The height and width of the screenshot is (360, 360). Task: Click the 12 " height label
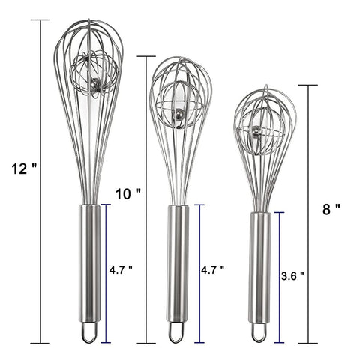[24, 169]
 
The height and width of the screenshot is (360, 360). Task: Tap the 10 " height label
[128, 193]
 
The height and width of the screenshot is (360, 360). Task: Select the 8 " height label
[331, 209]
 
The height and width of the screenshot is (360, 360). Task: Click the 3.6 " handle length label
[292, 276]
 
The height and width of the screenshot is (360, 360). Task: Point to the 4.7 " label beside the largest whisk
[121, 269]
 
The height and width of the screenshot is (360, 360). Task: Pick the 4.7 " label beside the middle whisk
[213, 269]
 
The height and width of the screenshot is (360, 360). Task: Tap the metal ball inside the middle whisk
[177, 115]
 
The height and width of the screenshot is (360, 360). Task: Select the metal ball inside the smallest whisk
[256, 130]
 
